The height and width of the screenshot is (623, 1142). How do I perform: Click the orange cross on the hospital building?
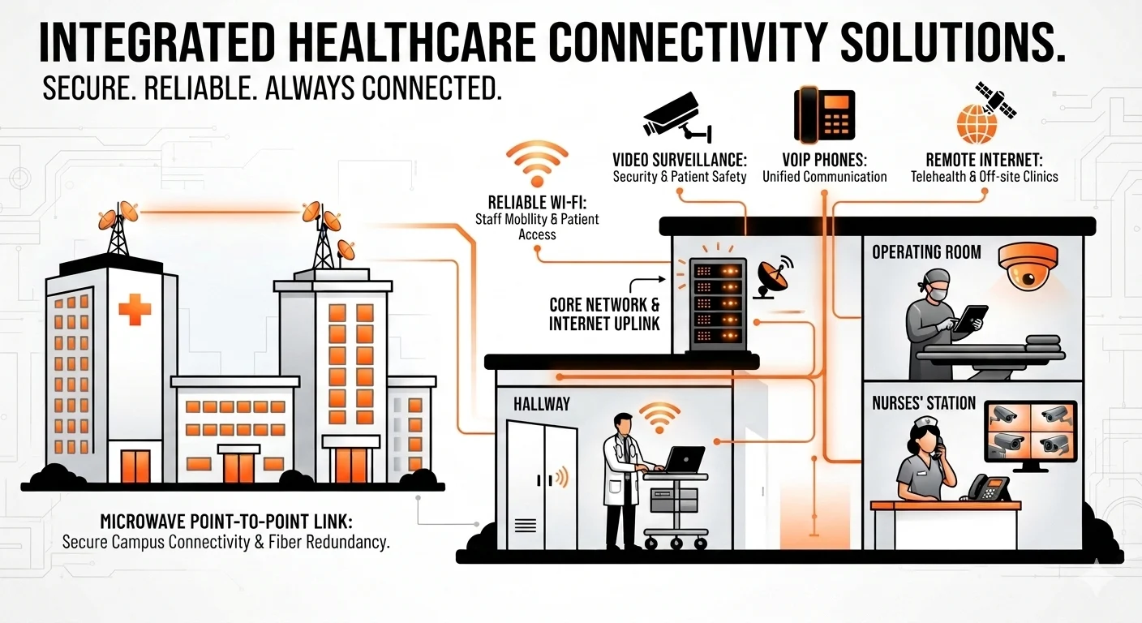135,309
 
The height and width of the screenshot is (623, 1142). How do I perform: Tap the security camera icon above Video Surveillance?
677,118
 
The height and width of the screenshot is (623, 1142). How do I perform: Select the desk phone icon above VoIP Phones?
824,115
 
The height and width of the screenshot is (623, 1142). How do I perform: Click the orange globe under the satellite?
977,125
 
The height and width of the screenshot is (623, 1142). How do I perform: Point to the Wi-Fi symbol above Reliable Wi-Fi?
537,164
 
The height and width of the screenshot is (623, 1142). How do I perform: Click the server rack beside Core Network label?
718,304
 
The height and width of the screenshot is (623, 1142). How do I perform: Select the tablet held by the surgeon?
970,319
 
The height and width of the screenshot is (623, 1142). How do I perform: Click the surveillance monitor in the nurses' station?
1030,434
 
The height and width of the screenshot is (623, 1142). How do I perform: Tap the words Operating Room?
926,252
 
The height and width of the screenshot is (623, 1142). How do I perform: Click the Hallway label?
542,404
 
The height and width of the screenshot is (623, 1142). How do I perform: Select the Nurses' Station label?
924,403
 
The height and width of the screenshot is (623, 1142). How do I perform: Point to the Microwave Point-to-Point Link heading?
226,522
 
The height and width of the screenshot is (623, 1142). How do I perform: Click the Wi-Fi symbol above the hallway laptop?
659,418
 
